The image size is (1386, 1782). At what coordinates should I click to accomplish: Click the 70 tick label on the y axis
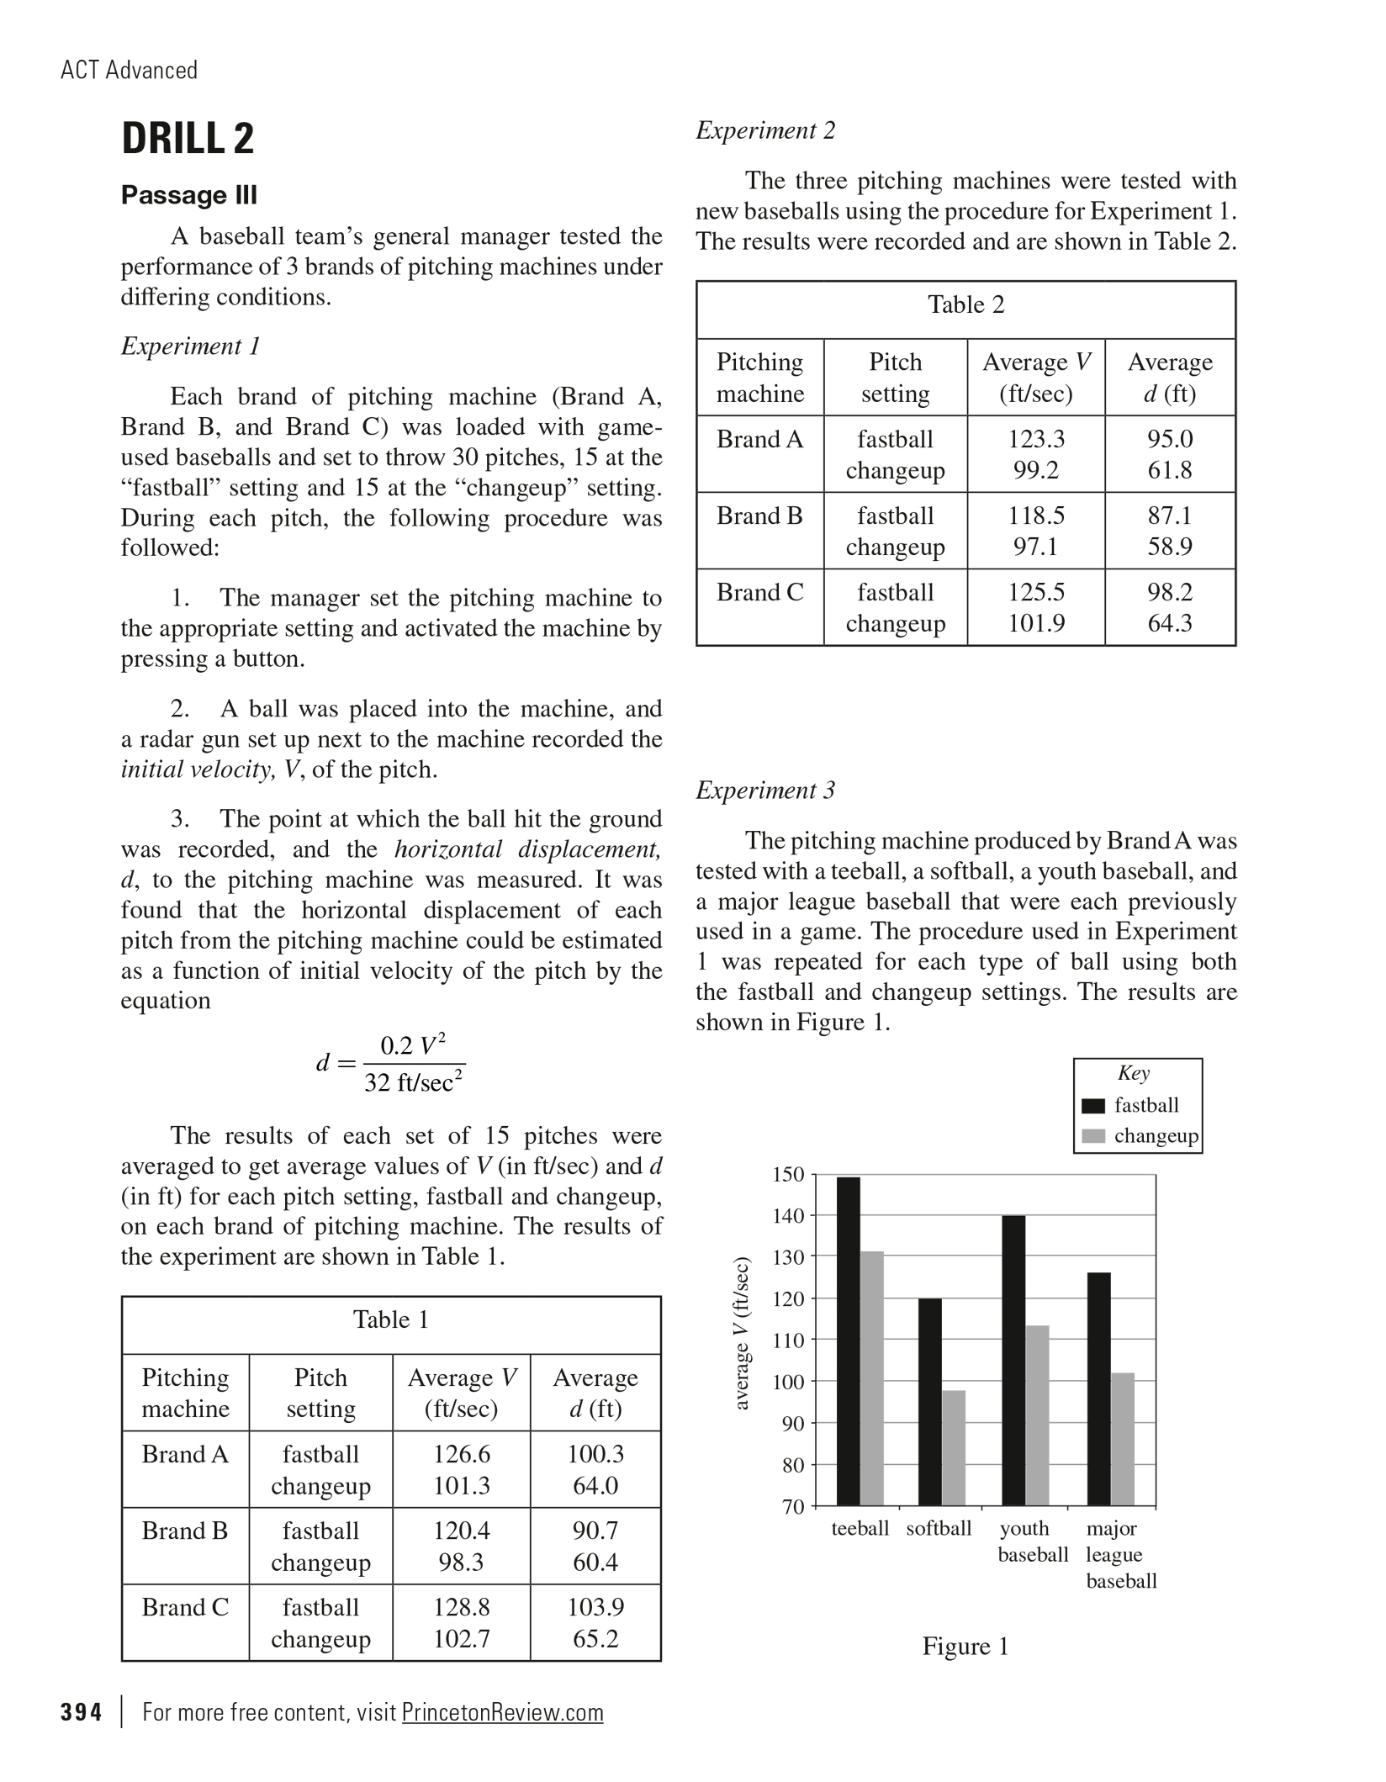(793, 1506)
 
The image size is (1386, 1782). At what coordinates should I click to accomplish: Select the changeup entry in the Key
(1156, 1136)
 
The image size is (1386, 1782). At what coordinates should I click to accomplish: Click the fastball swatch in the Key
(1092, 1106)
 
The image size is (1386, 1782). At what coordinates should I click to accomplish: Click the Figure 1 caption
(965, 1646)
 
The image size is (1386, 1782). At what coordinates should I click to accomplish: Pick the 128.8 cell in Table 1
(461, 1607)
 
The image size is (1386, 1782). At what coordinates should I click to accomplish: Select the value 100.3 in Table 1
(595, 1454)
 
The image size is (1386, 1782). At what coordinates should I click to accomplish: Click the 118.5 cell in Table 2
(1036, 516)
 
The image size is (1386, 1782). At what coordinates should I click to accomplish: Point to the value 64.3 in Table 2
(1170, 623)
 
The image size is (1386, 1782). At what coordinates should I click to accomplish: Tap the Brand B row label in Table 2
(759, 516)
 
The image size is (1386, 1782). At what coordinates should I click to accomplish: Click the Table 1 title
(391, 1319)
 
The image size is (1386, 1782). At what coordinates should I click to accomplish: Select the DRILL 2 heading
(188, 139)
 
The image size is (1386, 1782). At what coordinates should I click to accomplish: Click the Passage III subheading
(189, 195)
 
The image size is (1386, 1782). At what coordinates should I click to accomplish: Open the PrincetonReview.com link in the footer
(502, 1712)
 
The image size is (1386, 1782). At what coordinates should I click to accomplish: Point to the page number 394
(81, 1712)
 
